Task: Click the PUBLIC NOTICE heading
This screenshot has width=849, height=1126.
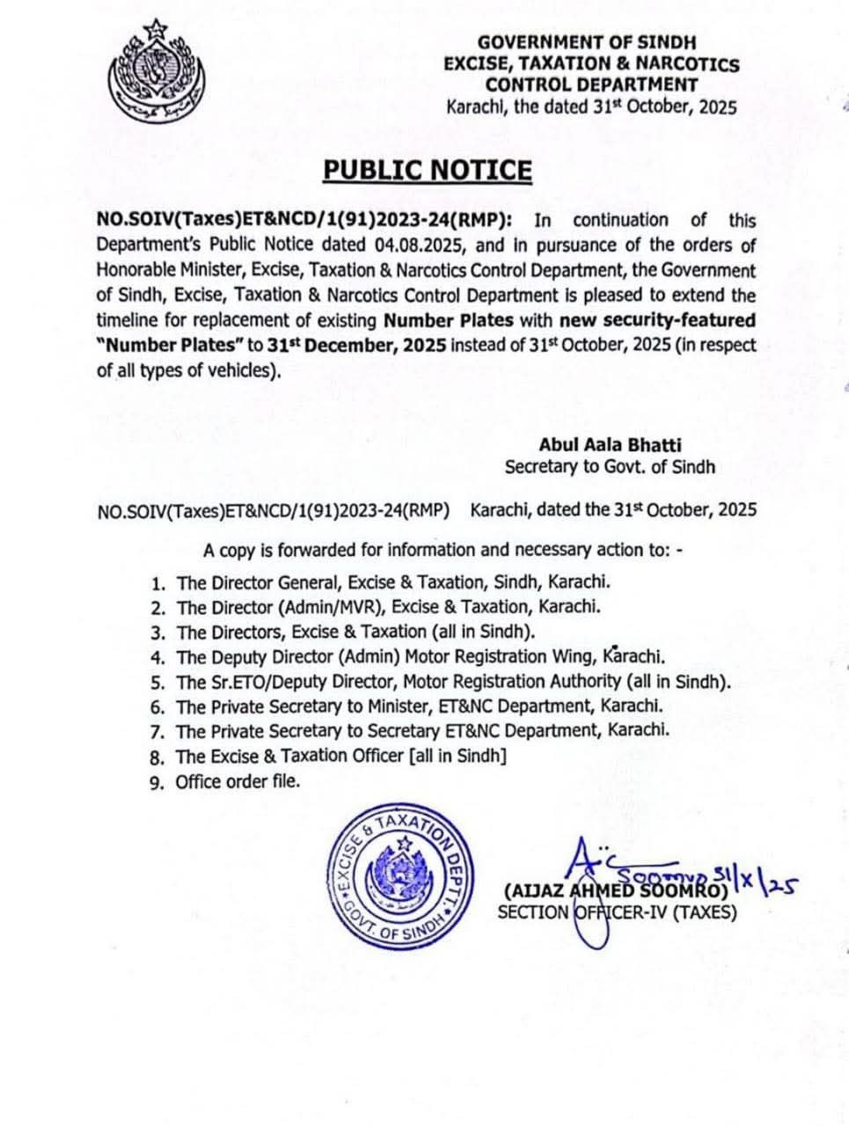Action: [427, 170]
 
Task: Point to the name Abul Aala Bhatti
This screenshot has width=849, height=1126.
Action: [610, 445]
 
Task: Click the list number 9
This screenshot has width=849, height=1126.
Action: [157, 782]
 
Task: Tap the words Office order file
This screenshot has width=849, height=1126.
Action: [238, 781]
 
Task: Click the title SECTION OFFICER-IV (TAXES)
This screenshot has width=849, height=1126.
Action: [617, 912]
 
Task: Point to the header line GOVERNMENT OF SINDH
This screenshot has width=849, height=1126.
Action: [587, 42]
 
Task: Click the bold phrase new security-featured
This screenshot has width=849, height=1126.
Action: [657, 319]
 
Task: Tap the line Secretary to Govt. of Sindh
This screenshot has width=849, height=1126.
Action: [610, 467]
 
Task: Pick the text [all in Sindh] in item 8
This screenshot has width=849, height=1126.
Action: [458, 757]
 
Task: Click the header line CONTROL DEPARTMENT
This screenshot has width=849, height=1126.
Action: [591, 85]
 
